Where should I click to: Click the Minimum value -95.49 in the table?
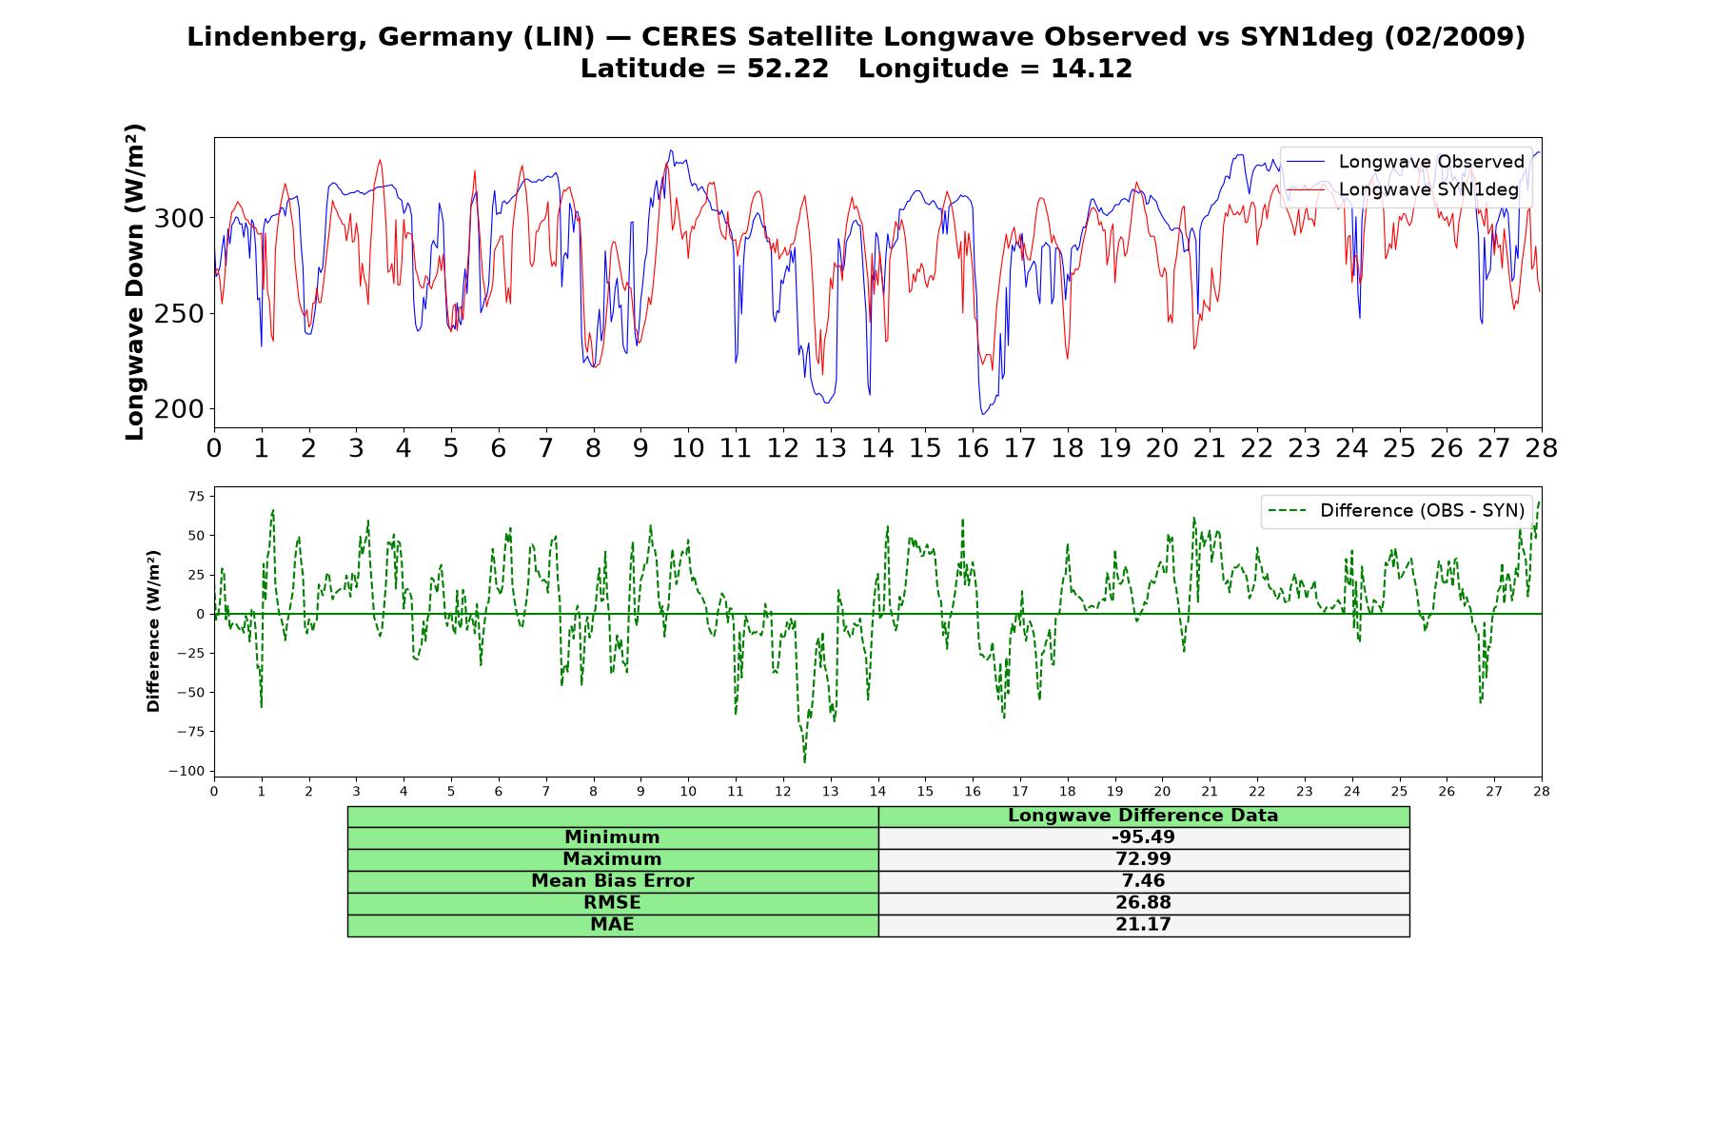pyautogui.click(x=1143, y=837)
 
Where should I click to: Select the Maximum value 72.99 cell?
pyautogui.click(x=1143, y=859)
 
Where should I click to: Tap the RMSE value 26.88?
pyautogui.click(x=1143, y=903)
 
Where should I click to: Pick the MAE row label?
pyautogui.click(x=612, y=925)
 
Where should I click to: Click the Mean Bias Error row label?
pyautogui.click(x=612, y=881)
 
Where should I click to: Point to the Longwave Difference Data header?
pyautogui.click(x=1143, y=816)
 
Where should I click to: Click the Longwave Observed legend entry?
pyautogui.click(x=1406, y=162)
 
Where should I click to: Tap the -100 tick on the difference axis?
pyautogui.click(x=187, y=771)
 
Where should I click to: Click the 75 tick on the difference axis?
pyautogui.click(x=196, y=496)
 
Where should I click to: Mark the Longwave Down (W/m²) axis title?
pyautogui.click(x=135, y=282)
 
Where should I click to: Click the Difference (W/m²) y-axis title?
pyautogui.click(x=153, y=632)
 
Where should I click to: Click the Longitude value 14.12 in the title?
pyautogui.click(x=1092, y=69)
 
